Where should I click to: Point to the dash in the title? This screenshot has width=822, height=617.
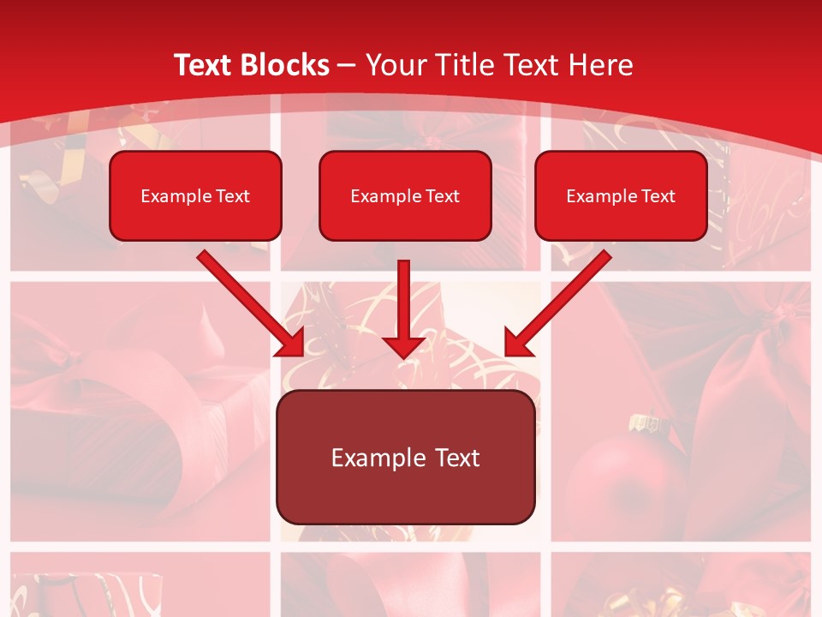click(x=347, y=65)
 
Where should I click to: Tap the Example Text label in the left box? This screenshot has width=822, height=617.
click(x=195, y=196)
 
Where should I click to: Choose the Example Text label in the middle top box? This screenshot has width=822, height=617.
click(x=405, y=196)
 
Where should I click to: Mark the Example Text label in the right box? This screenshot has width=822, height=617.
click(x=621, y=196)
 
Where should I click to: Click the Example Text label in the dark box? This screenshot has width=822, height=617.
click(x=405, y=458)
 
